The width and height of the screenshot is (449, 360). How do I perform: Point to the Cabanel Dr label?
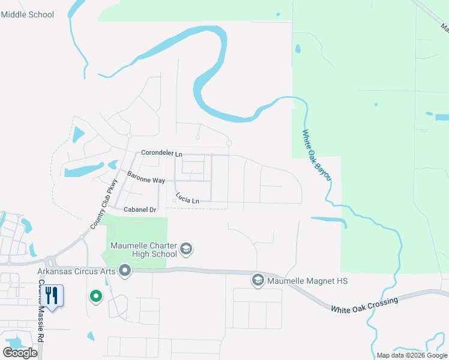pyautogui.click(x=140, y=209)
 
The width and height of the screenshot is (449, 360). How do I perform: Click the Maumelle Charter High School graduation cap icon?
pyautogui.click(x=186, y=249)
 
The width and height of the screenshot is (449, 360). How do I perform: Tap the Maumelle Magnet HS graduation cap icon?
pyautogui.click(x=258, y=280)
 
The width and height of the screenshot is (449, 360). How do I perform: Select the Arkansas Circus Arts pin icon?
pyautogui.click(x=125, y=272)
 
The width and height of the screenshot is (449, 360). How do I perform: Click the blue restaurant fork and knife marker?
pyautogui.click(x=52, y=296)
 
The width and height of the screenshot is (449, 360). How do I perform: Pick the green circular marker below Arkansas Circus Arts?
pyautogui.click(x=95, y=296)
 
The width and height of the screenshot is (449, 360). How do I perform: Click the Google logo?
pyautogui.click(x=20, y=353)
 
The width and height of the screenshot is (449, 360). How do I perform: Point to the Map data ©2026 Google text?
pyautogui.click(x=412, y=355)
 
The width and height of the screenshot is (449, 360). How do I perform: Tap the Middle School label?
pyautogui.click(x=28, y=14)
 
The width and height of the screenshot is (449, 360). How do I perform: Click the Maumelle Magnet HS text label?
pyautogui.click(x=308, y=281)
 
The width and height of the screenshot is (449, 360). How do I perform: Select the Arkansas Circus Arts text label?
pyautogui.click(x=76, y=271)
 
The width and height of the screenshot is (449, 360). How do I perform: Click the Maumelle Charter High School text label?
pyautogui.click(x=143, y=250)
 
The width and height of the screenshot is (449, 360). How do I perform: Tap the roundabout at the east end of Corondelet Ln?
pyautogui.click(x=229, y=143)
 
